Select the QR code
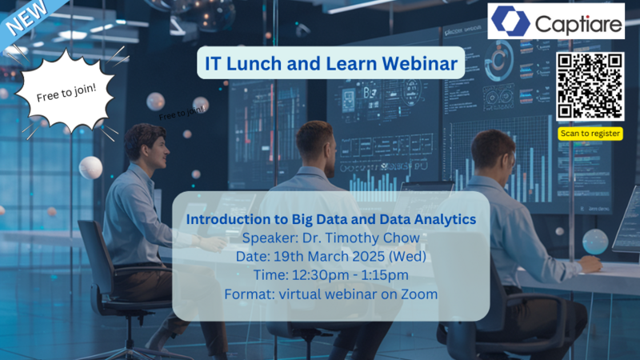point(590,86)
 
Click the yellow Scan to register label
point(590,134)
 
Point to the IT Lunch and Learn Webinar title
point(331,62)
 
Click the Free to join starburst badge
point(66,96)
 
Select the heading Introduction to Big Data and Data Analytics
point(331,218)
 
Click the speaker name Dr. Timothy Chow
point(367,238)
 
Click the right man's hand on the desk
point(591,262)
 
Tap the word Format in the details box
point(247,294)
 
